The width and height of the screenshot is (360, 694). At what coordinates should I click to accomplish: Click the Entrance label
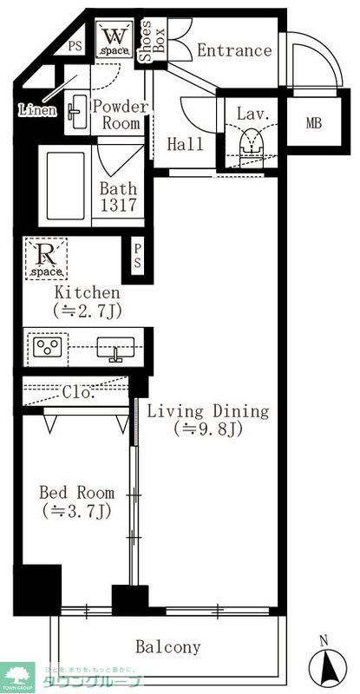click(233, 51)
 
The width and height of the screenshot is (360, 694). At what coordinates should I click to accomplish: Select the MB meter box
click(312, 122)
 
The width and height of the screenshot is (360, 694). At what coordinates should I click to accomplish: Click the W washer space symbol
click(114, 40)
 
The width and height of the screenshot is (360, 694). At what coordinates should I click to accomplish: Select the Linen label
click(37, 110)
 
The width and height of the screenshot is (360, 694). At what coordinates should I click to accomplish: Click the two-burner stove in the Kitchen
click(47, 350)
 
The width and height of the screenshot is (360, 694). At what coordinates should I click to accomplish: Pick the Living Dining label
click(206, 419)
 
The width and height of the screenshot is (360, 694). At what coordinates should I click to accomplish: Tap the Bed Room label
click(76, 501)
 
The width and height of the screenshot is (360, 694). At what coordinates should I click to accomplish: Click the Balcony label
click(168, 647)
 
